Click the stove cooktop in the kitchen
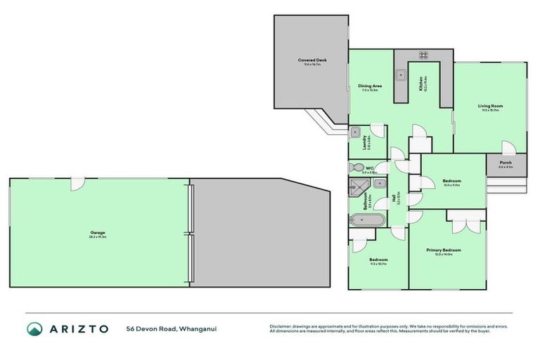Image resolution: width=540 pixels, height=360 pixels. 424,56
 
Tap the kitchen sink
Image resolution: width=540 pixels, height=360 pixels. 401,72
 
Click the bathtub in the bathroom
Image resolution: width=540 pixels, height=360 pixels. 366,219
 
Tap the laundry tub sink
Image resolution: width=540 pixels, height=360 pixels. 356,131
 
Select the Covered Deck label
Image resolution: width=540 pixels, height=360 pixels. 311,60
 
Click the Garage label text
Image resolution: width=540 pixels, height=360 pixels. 97,233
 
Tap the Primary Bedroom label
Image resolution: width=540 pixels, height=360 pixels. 443,250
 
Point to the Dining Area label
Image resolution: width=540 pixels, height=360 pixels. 370,86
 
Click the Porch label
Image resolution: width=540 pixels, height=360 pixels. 505,162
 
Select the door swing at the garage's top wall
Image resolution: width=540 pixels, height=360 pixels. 79,183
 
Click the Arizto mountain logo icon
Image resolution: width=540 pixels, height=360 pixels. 34,329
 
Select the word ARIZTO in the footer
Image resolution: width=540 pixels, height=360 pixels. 79,329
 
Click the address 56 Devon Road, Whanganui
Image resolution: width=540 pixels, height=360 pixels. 166,329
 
